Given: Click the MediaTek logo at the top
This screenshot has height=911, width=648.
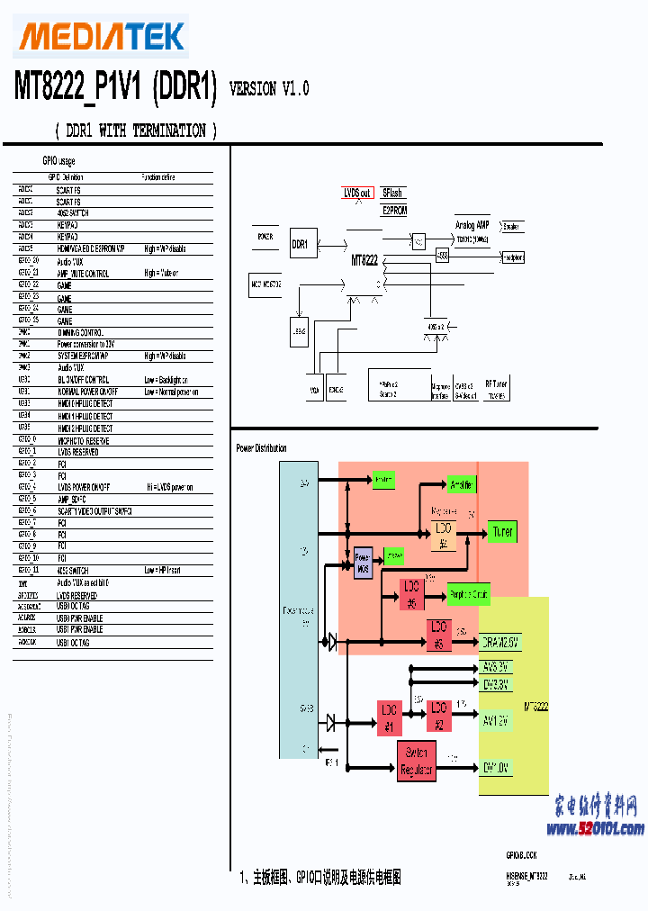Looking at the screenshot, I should click(102, 36).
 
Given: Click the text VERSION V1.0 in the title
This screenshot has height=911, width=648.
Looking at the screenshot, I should click(269, 88).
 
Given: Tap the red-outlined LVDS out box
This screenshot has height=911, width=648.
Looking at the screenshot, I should click(357, 194).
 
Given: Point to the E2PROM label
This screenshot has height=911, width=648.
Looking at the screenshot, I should click(394, 211).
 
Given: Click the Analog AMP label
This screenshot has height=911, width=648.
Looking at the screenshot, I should click(472, 226).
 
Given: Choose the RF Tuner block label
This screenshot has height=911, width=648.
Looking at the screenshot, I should click(496, 384).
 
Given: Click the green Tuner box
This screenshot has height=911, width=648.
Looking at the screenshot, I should click(502, 532).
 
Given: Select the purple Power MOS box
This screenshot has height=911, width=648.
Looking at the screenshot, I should click(363, 563).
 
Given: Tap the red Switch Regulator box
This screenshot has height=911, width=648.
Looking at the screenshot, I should click(417, 760).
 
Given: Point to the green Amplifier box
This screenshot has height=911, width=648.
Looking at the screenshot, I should click(461, 484).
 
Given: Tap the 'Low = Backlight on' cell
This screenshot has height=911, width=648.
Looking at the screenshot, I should click(171, 380).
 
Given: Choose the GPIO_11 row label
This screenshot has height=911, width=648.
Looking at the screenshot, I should click(28, 570).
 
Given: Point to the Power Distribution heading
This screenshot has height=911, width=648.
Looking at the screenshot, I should click(261, 448).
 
